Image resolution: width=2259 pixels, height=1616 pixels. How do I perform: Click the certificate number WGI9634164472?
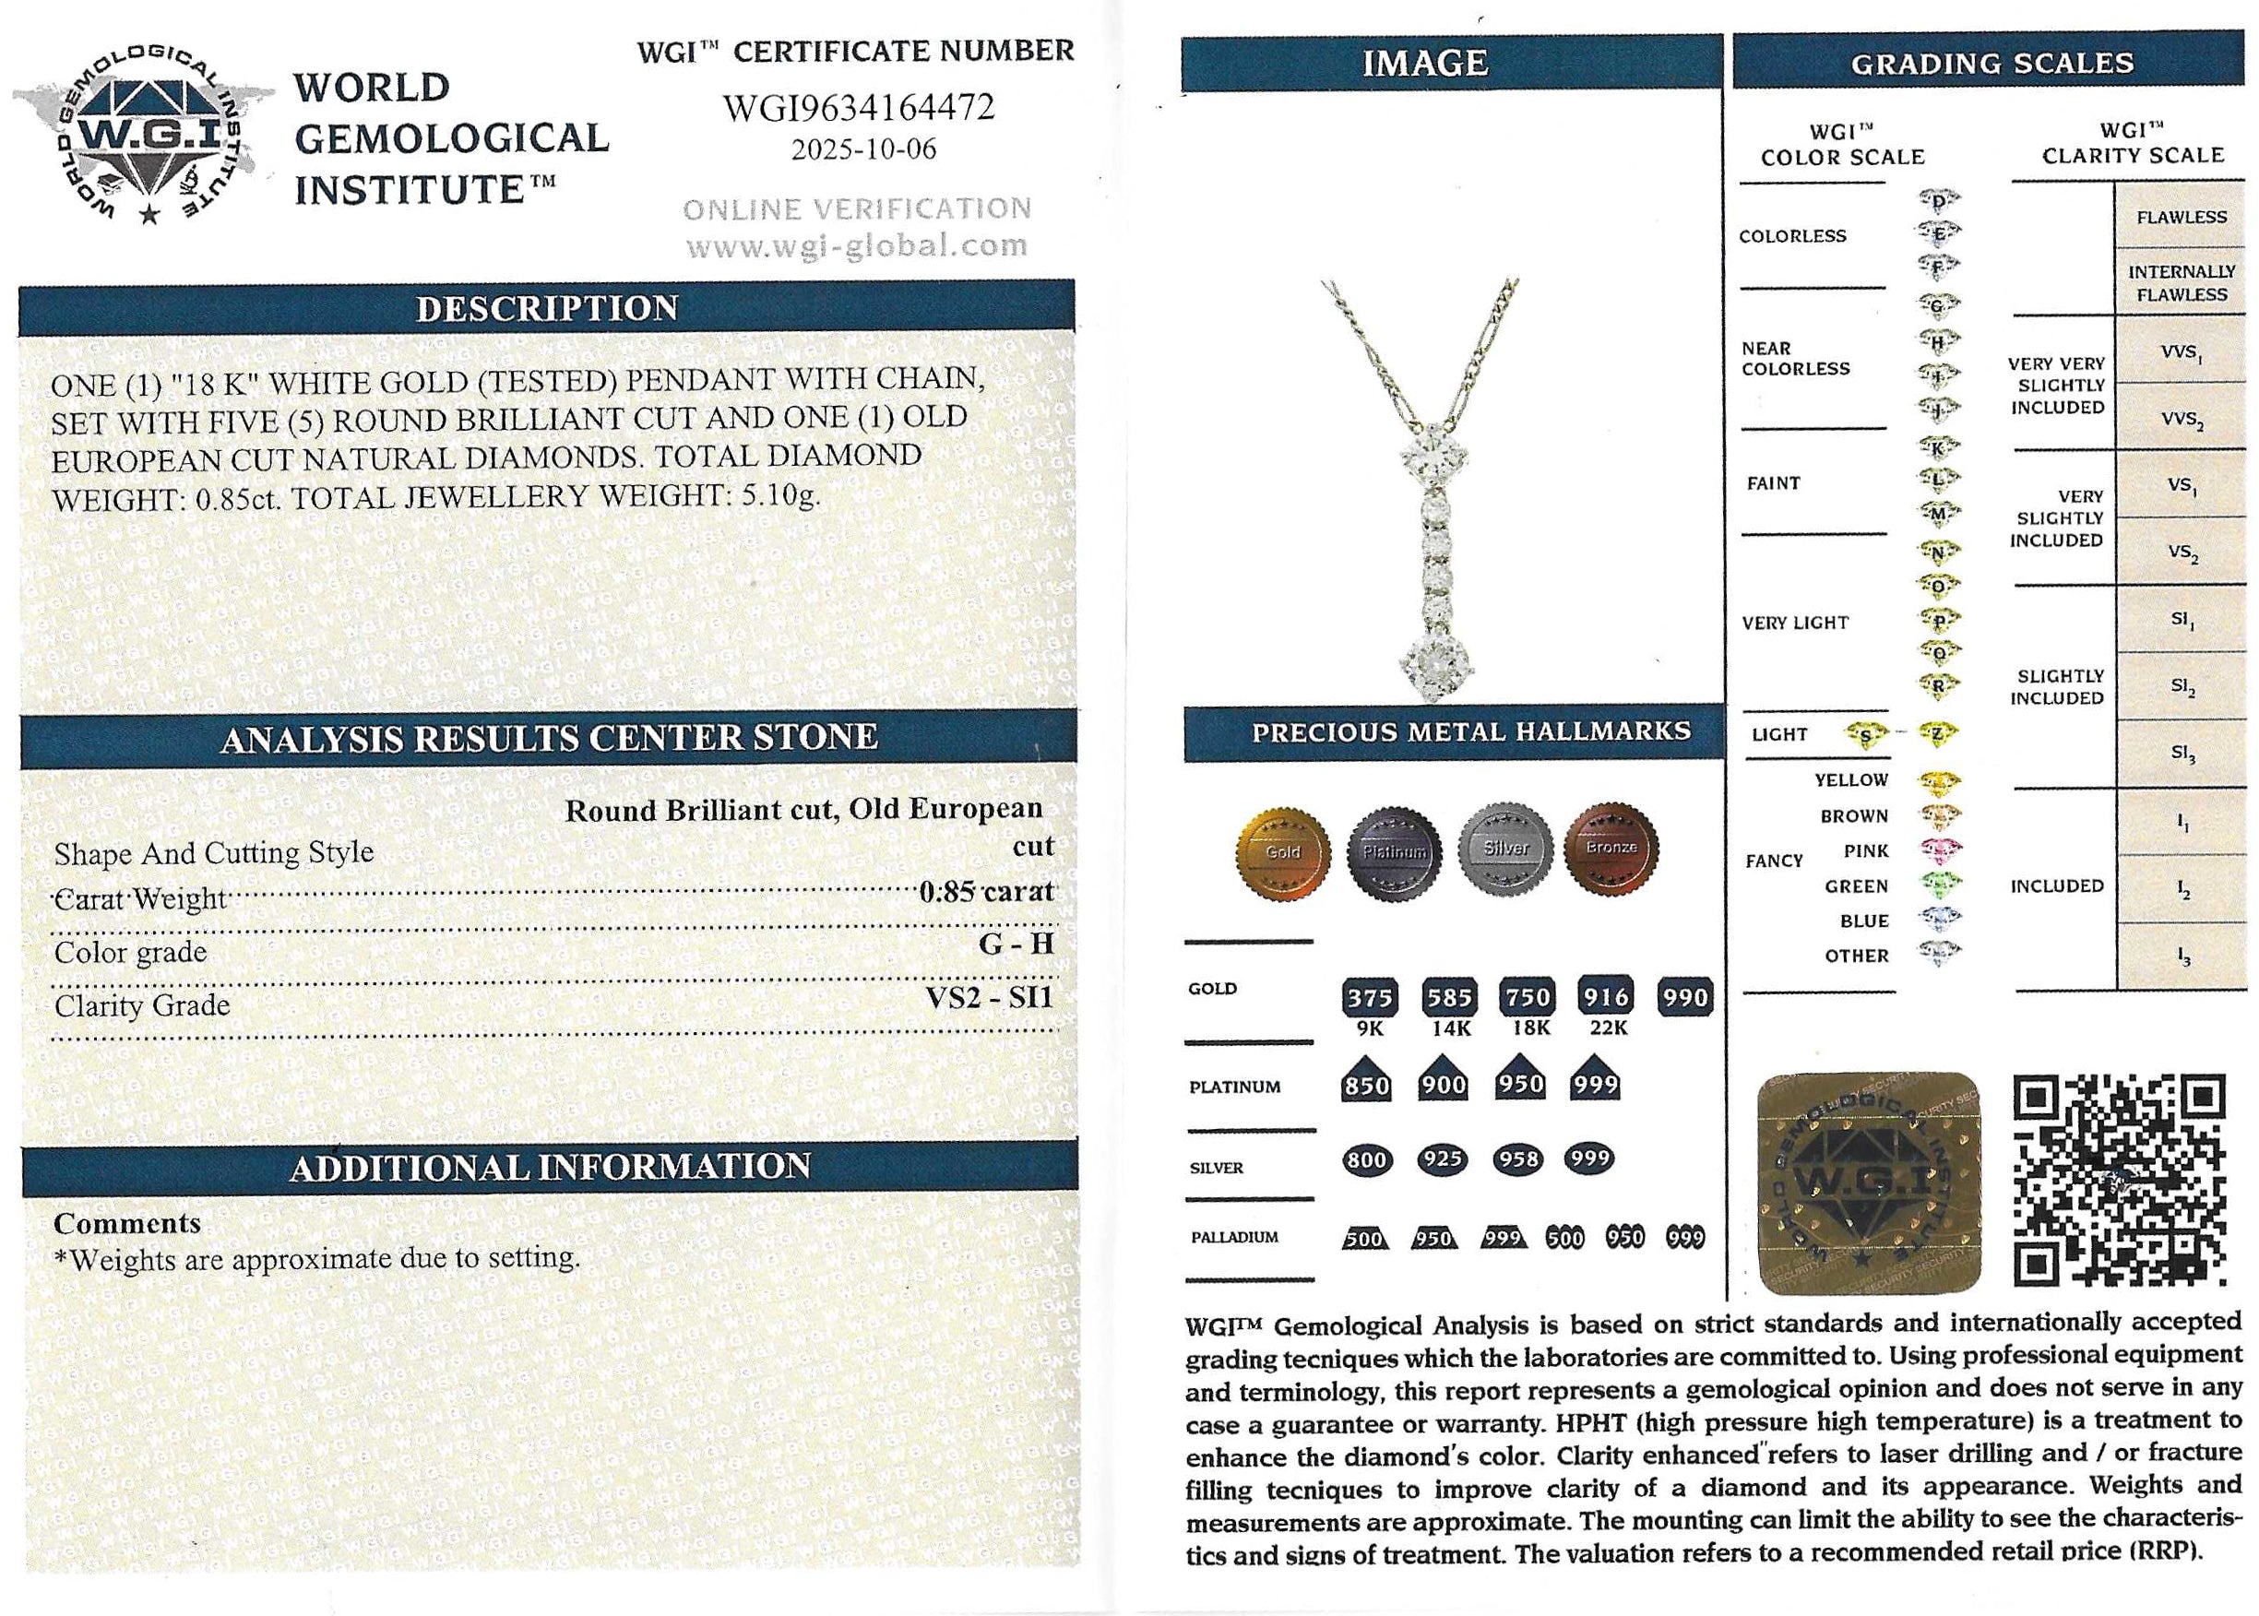tap(858, 108)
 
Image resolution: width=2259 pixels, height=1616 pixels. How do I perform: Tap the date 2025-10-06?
tap(862, 149)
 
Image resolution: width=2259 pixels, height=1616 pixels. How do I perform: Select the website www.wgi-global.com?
tap(857, 245)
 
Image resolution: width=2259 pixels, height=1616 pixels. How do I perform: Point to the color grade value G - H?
tap(1015, 944)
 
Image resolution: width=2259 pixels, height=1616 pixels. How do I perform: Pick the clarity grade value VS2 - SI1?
tap(988, 997)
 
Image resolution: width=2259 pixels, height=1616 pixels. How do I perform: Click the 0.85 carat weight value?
tap(985, 892)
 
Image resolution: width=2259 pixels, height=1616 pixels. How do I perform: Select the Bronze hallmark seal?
tap(1611, 849)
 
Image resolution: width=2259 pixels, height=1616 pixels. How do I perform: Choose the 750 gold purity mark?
tap(1528, 997)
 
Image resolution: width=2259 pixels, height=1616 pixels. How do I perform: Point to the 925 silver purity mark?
tap(1443, 1159)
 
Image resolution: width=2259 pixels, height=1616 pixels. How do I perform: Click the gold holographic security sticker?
tap(1869, 1184)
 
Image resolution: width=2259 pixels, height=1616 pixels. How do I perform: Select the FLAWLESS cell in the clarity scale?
tap(2181, 217)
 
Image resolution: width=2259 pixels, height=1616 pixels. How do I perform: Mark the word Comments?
tap(127, 1223)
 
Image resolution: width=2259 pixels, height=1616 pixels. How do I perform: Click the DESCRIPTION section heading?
tap(547, 308)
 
